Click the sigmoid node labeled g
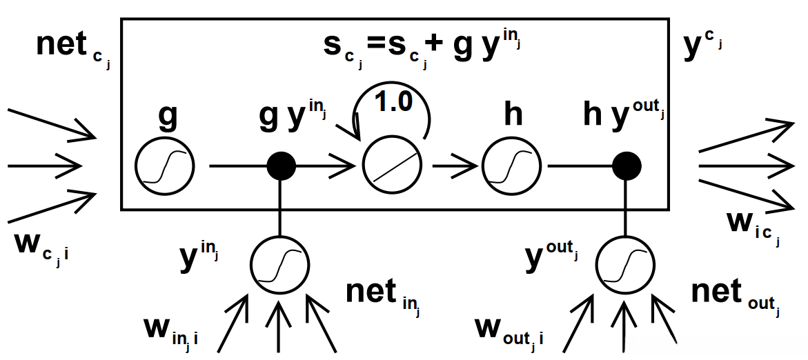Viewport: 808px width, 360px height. point(166,166)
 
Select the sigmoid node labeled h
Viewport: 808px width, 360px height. point(511,166)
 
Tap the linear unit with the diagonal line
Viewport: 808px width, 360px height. point(394,166)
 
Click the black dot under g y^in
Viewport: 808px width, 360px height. point(281,166)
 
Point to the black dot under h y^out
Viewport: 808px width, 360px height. point(627,166)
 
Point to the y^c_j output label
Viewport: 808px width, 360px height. point(703,46)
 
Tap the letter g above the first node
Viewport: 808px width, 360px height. point(167,117)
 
